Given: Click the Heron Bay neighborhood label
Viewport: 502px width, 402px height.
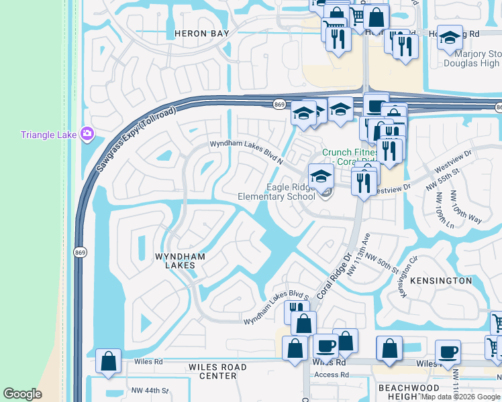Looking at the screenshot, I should pos(201,33).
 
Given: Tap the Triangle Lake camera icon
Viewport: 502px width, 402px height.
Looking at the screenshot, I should pos(87,134).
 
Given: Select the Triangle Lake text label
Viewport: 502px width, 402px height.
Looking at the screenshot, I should pos(48,135).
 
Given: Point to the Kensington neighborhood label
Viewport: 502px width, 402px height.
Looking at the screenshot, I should pos(441,280).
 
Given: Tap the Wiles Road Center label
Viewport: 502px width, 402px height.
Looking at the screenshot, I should pos(217,371).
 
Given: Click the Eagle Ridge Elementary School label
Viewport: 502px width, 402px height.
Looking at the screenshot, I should pos(277,192).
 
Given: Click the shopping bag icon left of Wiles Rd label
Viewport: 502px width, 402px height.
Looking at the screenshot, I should pos(108,361).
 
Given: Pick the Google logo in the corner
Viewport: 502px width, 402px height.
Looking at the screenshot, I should pos(22,394).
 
